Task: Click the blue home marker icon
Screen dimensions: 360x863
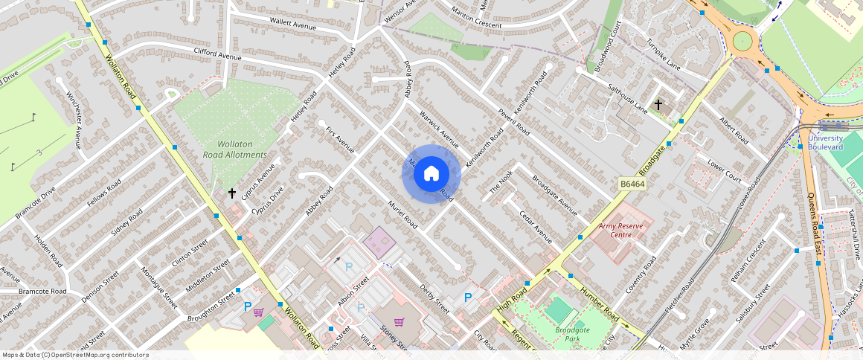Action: [x=431, y=173]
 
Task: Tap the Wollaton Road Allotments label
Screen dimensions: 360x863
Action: [x=235, y=150]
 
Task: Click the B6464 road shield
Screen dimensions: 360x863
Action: [x=631, y=183]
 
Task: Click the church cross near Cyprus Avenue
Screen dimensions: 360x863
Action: [x=232, y=193]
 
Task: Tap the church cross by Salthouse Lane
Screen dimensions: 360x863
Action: [x=658, y=105]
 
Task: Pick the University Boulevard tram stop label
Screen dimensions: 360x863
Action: [x=825, y=142]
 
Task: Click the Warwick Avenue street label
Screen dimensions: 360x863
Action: [x=439, y=127]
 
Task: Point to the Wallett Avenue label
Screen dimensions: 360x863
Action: [x=293, y=25]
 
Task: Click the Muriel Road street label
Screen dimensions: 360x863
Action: [x=402, y=213]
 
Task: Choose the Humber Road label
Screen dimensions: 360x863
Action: [x=599, y=304]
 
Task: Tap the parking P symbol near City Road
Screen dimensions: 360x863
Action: [x=468, y=298]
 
